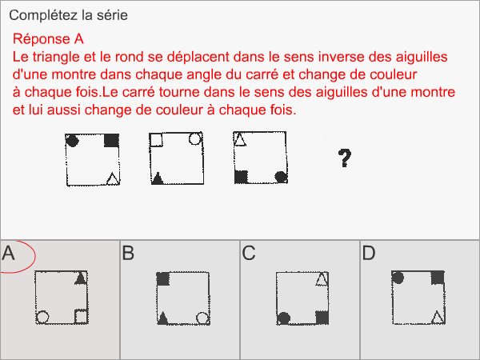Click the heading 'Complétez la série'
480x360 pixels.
click(x=68, y=15)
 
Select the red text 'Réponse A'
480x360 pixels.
click(x=49, y=39)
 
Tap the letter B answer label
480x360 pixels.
click(x=128, y=254)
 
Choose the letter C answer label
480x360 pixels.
click(x=248, y=254)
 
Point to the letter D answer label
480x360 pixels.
click(x=368, y=254)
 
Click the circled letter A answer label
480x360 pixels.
click(x=10, y=254)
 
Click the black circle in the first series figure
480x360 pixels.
click(x=72, y=141)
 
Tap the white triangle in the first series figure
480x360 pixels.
click(x=113, y=178)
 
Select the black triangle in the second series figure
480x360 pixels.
click(x=158, y=178)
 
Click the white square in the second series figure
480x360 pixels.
click(x=157, y=140)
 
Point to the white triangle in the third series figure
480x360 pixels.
click(x=239, y=139)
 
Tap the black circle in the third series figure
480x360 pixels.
click(x=280, y=176)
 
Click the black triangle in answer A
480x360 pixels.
click(x=80, y=278)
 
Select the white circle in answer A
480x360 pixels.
click(x=43, y=317)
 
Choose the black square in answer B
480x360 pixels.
click(x=163, y=279)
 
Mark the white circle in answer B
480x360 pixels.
click(x=202, y=318)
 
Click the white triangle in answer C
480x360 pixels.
click(x=322, y=279)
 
